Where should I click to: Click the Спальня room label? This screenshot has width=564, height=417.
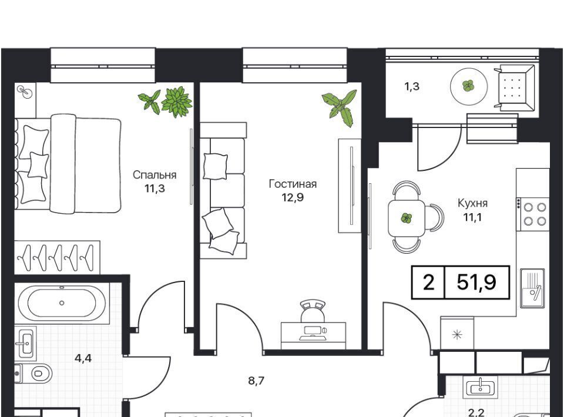[155, 175]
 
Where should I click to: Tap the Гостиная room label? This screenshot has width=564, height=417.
[293, 184]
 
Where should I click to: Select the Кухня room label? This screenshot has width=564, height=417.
[472, 203]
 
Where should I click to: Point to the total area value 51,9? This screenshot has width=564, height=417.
[476, 282]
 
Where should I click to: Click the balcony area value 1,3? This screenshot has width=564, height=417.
[412, 87]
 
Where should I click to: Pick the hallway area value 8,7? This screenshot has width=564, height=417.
[257, 381]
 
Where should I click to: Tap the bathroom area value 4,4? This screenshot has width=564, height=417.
[83, 358]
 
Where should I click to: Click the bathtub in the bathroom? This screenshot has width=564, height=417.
[62, 303]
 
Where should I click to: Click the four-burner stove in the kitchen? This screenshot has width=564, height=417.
[533, 214]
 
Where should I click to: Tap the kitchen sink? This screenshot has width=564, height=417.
[533, 288]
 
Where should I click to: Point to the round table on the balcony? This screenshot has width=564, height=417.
[469, 86]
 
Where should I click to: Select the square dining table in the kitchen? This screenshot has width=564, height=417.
[406, 218]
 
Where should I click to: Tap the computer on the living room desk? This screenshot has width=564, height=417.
[313, 333]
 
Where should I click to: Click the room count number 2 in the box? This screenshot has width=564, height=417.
[428, 282]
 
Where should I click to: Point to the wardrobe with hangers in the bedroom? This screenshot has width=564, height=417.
[57, 257]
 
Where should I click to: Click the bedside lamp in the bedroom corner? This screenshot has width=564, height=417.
[25, 92]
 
